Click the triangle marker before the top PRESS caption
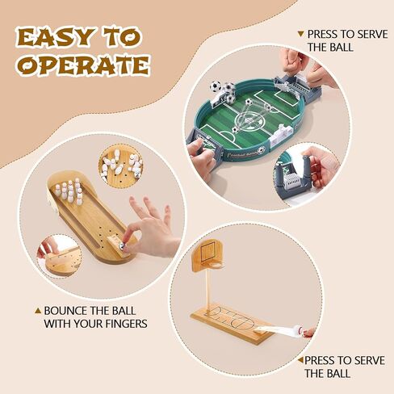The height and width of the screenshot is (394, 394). pos(300,34)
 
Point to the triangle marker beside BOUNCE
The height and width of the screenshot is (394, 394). pos(37,310)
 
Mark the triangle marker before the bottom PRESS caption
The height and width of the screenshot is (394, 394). pos(300,360)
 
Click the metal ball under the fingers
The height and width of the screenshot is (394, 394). pos(123,240)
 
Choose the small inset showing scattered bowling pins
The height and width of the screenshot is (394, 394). pos(120,166)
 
